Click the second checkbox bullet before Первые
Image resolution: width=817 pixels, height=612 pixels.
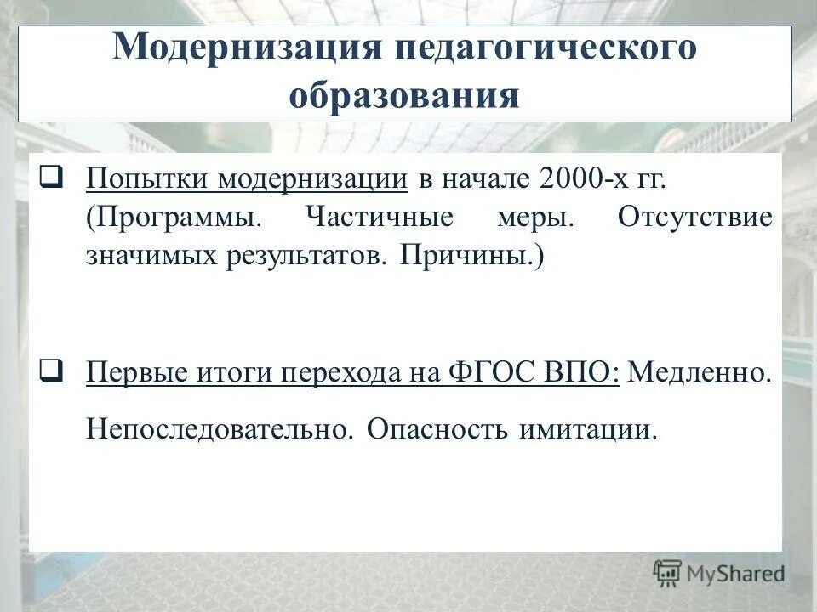[49, 371]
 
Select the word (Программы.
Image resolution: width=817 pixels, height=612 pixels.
[174, 218]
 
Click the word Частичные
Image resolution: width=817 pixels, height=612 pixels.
[379, 218]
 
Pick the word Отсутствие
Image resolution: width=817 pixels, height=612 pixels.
[695, 218]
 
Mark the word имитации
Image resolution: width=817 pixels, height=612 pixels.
[587, 428]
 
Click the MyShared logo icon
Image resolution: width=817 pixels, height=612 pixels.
[667, 572]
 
